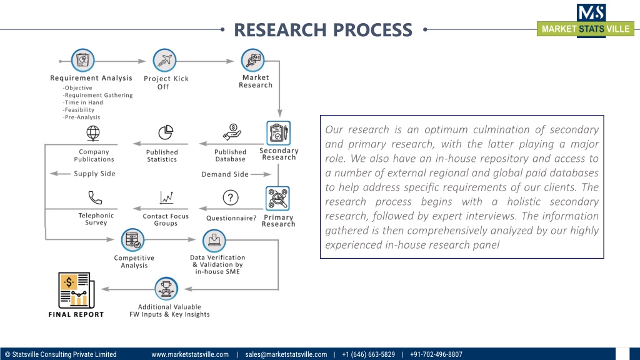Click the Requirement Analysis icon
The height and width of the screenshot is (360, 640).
[83, 61]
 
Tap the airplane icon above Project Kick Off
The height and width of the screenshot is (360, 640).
[165, 61]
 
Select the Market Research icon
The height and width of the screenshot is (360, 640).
[254, 61]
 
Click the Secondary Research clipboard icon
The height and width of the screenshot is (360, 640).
[278, 133]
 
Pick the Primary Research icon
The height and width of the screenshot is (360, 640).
[277, 199]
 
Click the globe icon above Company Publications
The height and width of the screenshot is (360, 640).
[93, 133]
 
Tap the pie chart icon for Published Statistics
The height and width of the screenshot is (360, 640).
[165, 133]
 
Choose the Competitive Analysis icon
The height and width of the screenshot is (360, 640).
[132, 241]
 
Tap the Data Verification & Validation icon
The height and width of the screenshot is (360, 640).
[214, 241]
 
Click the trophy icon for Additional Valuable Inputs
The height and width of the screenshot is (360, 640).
[166, 289]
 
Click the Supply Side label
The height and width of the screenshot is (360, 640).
[94, 174]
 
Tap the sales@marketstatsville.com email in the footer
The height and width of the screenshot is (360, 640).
[286, 354]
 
